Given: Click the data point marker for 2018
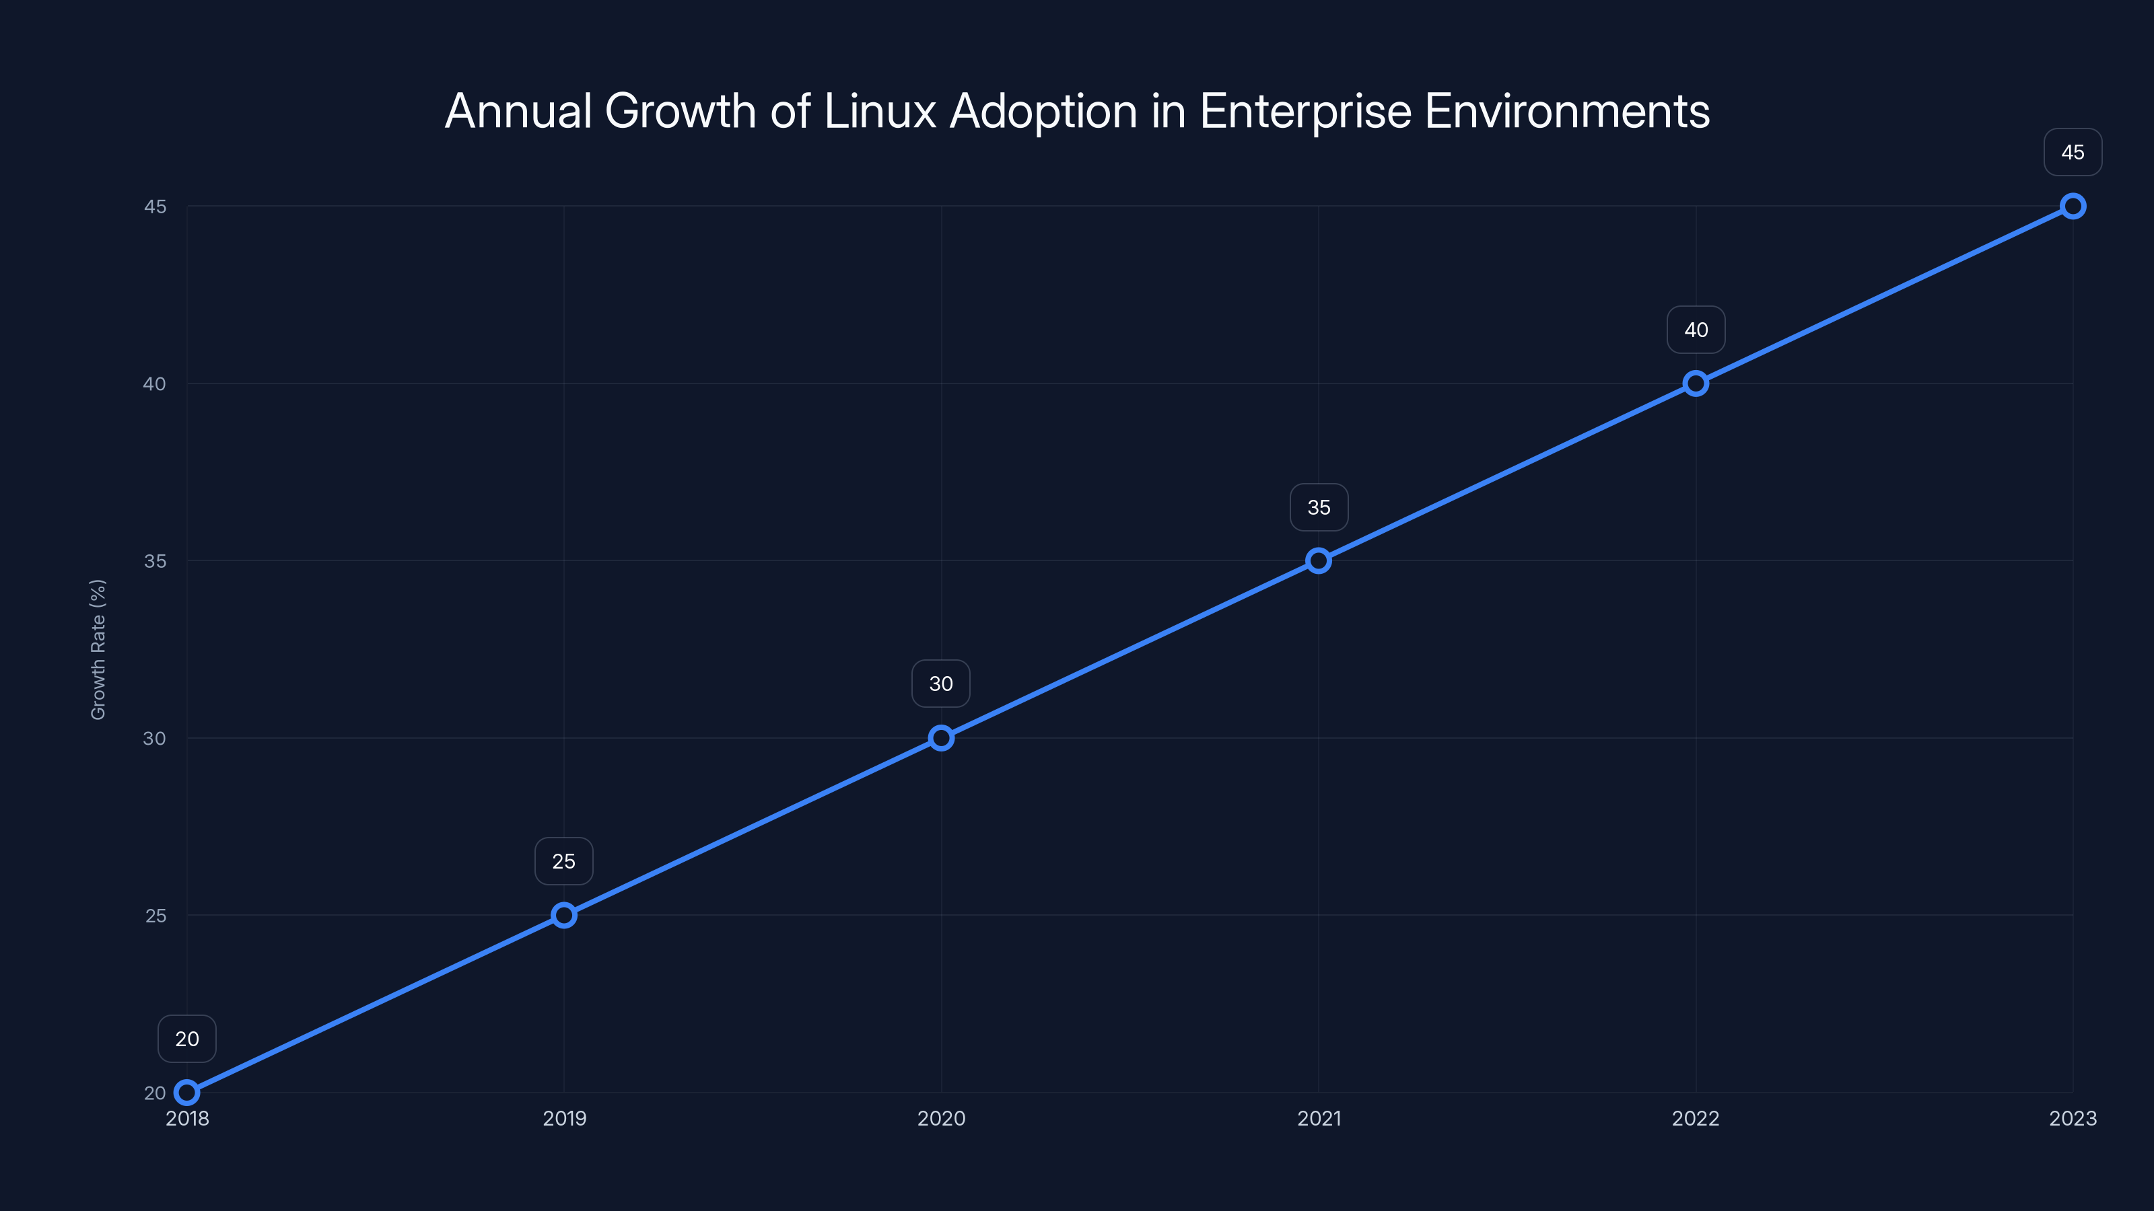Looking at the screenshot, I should pos(187,1093).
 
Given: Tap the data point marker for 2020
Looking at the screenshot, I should pos(942,738).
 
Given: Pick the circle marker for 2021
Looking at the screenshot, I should pos(1319,561).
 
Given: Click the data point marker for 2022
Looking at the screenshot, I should pos(1696,383).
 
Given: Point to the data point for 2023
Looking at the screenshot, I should pos(2073,207).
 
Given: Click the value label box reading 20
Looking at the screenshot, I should pos(187,1039).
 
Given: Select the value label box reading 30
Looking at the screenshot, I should pos(942,684).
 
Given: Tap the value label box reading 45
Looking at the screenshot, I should pos(2073,152).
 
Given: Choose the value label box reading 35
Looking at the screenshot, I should pos(1319,507).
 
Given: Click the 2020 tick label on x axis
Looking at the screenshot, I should pos(942,1118).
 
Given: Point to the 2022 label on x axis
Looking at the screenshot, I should pos(1696,1118).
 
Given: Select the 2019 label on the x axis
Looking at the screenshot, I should pos(565,1118).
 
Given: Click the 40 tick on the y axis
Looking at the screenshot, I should pos(155,383).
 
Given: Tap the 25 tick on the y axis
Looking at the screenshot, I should pos(155,915).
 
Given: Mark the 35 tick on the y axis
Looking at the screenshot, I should pos(155,561).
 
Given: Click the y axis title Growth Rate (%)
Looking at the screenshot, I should pos(98,649).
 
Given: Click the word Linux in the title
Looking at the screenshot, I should pos(880,111).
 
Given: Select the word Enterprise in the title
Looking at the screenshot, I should pos(1305,111).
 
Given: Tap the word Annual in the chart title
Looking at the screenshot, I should pos(518,111).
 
